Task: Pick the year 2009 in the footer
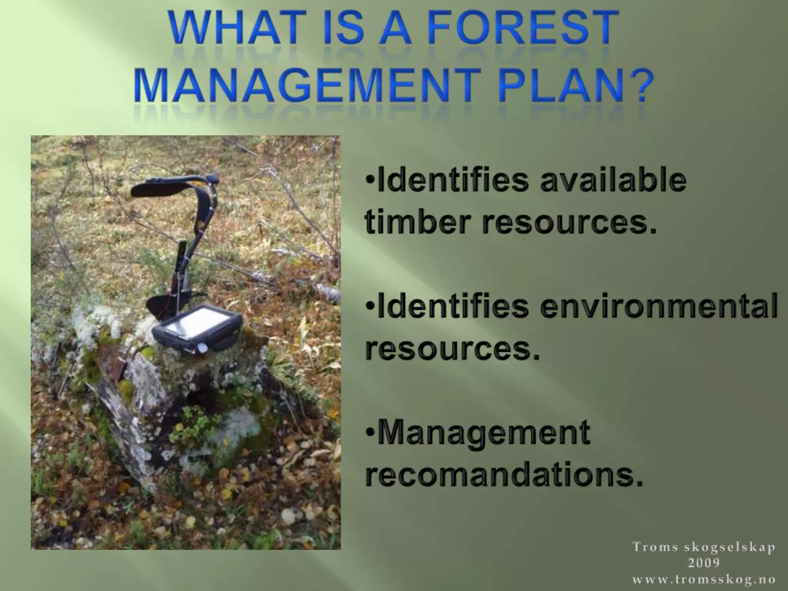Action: (x=704, y=563)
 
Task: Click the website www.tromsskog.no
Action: (x=704, y=579)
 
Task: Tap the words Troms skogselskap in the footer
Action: (x=704, y=547)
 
